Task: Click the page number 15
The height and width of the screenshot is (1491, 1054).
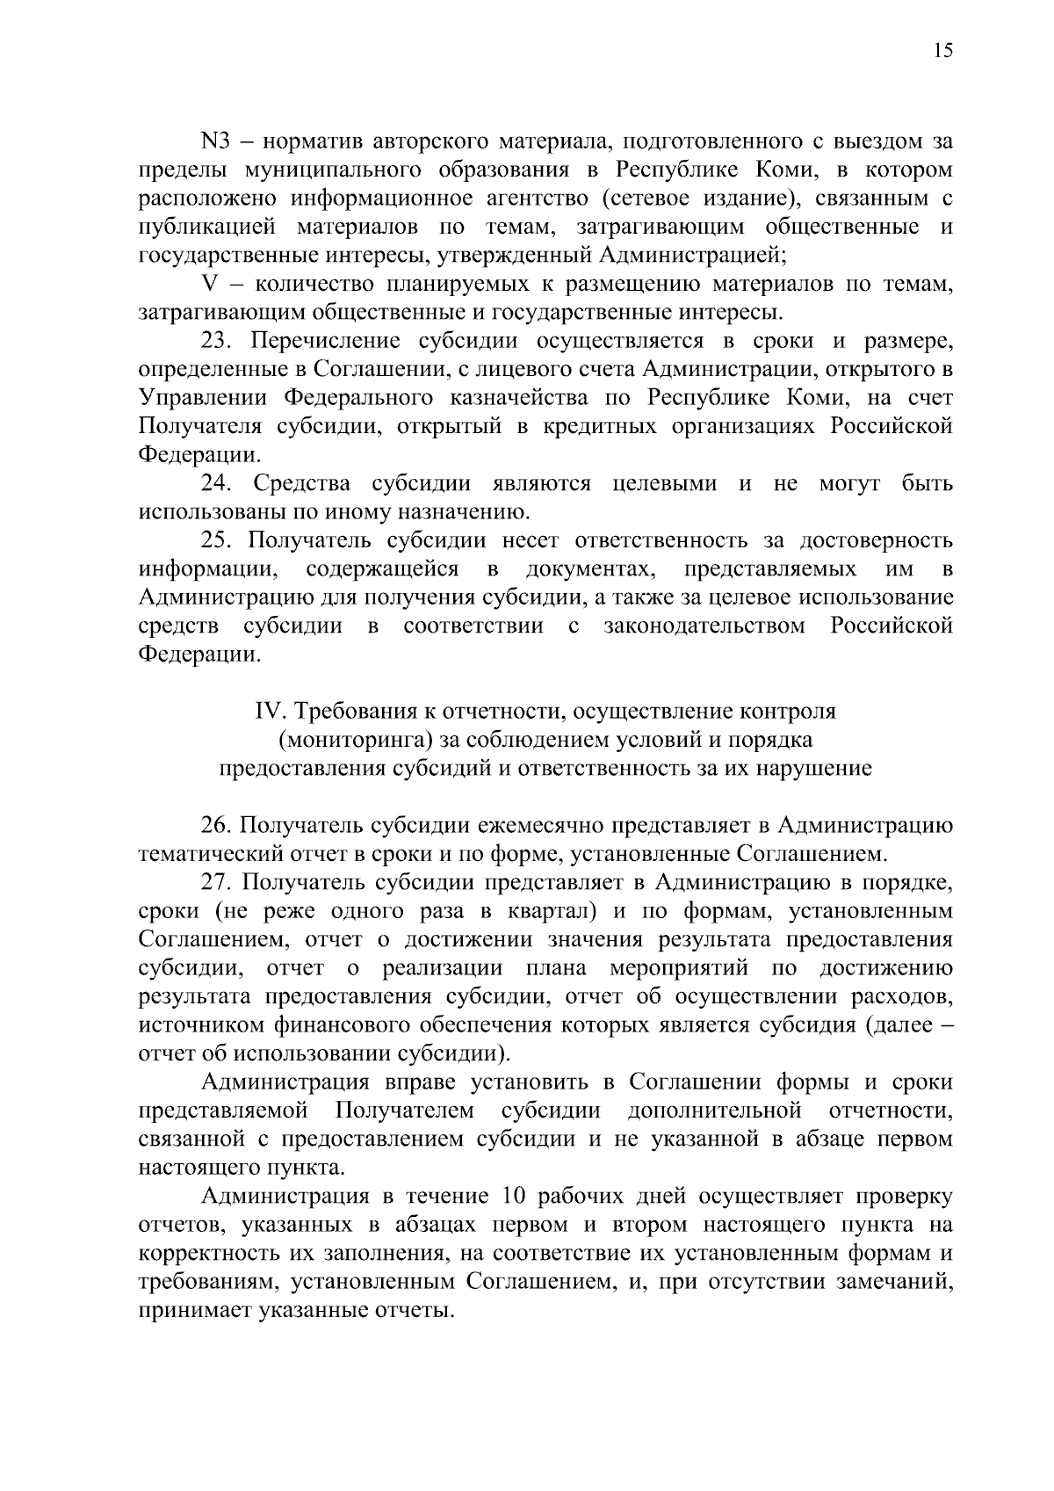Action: (942, 51)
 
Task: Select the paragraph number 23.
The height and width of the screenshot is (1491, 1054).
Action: (217, 341)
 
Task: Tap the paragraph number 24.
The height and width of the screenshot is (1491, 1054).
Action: (217, 483)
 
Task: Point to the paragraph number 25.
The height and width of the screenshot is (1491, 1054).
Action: (217, 540)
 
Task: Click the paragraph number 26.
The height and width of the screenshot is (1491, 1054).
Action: (217, 825)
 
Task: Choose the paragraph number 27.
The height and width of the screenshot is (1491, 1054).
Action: (217, 882)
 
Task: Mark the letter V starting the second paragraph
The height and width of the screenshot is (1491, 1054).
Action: (209, 284)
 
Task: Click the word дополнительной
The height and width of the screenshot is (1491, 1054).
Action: (714, 1111)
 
